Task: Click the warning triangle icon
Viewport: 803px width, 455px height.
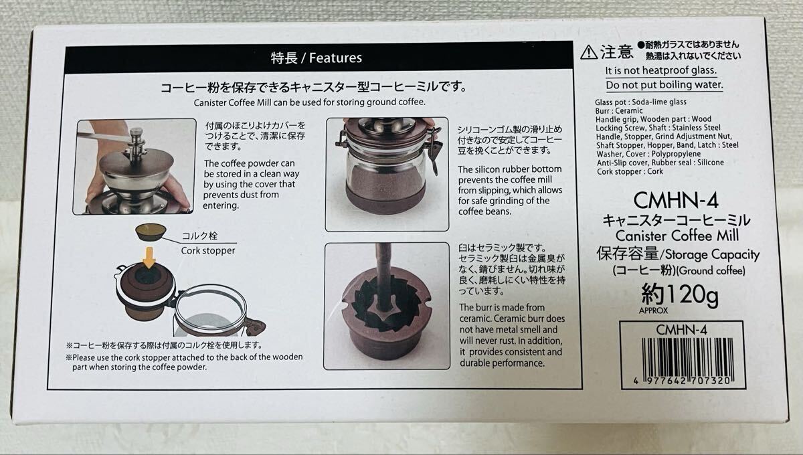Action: tap(589, 52)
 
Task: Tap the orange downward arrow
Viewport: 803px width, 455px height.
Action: tap(149, 257)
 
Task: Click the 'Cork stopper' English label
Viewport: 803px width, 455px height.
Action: tap(208, 251)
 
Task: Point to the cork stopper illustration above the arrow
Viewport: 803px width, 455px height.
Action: tap(151, 232)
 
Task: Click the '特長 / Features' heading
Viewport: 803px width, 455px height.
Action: tap(316, 58)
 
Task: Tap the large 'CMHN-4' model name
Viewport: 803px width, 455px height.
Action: tap(676, 200)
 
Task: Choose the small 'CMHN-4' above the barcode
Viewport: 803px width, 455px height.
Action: tap(681, 330)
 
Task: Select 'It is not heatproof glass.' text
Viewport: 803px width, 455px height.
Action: tap(660, 70)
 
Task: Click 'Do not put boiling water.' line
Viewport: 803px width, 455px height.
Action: tap(664, 85)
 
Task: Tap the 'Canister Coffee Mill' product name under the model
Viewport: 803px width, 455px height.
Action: tap(677, 236)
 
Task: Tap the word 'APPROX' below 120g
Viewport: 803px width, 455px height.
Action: tap(653, 310)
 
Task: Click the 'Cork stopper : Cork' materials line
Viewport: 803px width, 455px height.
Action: tap(630, 171)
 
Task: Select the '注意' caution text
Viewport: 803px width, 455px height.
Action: tap(616, 52)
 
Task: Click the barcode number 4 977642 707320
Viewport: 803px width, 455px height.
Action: tap(682, 381)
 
